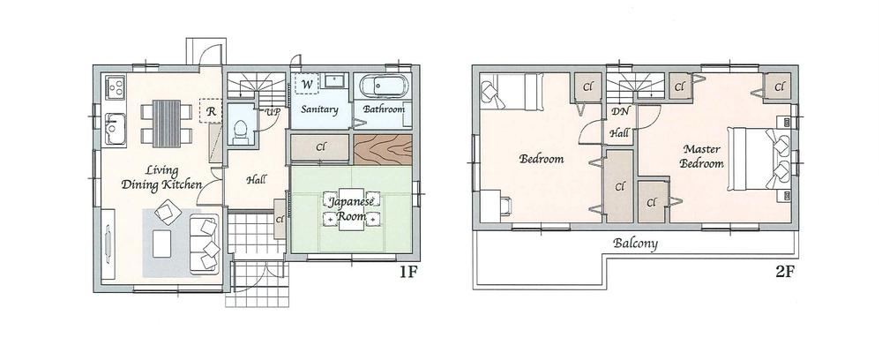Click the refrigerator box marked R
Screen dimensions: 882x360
(212, 111)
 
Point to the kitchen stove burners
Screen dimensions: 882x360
(116, 87)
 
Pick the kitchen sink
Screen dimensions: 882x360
(116, 130)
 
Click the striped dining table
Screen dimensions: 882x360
(167, 124)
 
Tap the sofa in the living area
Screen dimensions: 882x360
(205, 244)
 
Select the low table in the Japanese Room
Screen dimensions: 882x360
(352, 210)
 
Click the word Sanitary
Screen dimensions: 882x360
(319, 109)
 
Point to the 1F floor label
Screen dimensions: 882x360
(408, 273)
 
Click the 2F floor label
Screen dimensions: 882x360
(784, 273)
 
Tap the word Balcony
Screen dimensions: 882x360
(635, 243)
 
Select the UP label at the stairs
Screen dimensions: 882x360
(273, 111)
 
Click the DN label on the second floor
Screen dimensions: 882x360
(620, 112)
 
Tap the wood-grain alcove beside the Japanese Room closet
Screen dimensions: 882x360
(383, 148)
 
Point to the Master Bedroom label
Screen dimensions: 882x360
(701, 156)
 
